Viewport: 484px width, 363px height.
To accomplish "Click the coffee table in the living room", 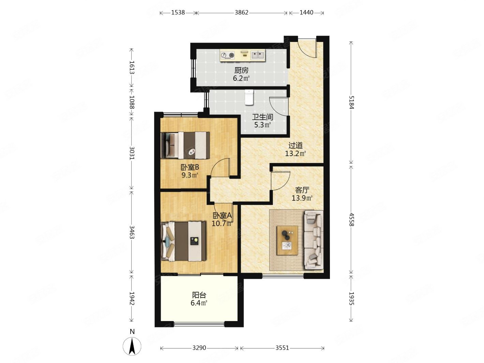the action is coord(287,240).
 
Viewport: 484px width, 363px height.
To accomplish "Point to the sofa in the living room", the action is coord(314,240).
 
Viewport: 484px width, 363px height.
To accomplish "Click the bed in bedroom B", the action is coord(185,145).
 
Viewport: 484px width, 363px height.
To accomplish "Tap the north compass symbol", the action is coord(132,346).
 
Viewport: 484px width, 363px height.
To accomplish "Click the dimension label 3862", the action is coord(241,13).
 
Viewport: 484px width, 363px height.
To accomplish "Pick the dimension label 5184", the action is coord(351,102).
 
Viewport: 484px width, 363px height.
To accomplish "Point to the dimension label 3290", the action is coord(199,348).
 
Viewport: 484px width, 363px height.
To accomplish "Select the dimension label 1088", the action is coord(132,102).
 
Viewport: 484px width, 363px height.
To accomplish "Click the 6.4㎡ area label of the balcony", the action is coord(199,303).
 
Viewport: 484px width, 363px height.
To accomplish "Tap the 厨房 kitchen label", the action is coord(241,70).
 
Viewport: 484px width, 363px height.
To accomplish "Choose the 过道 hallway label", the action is coord(296,145).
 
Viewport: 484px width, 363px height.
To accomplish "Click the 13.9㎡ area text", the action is coord(302,198).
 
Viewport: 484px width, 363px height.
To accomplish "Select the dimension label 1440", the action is coord(306,13).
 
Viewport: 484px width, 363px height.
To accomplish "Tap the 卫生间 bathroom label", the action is coord(262,117).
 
